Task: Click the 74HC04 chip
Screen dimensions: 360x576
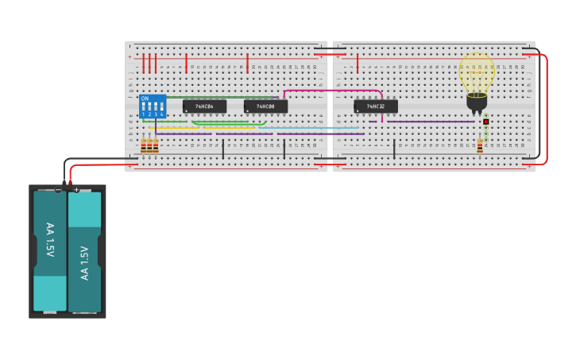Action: tap(204, 106)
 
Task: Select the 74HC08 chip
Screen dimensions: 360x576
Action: tap(265, 106)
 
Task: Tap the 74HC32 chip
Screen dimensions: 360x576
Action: tap(376, 106)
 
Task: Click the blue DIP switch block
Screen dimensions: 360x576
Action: tap(153, 106)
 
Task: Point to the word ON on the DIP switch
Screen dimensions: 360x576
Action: tap(145, 99)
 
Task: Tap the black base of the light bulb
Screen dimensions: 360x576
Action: tap(477, 101)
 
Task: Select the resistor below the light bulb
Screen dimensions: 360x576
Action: tap(480, 145)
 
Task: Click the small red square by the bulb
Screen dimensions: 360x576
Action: tap(485, 122)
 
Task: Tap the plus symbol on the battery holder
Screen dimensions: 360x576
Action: tap(76, 190)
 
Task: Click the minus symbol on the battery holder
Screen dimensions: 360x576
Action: tap(59, 190)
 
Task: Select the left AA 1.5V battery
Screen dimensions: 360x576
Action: tap(50, 252)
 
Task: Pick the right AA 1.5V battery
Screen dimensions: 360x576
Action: tap(84, 252)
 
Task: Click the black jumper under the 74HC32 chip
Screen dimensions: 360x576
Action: tap(394, 149)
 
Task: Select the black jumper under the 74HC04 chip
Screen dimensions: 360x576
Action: tap(222, 149)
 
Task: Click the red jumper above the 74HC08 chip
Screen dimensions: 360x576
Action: tap(247, 64)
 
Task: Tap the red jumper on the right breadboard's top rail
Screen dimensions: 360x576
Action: tap(358, 64)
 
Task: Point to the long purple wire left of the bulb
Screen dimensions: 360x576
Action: tap(429, 122)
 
